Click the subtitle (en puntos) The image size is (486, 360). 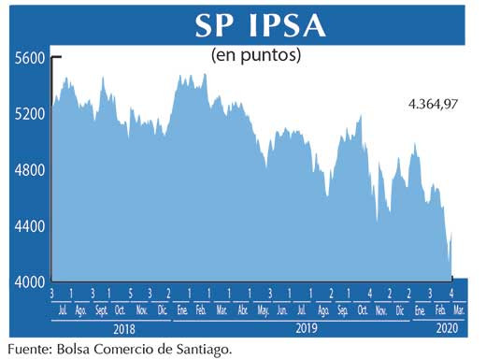(x=256, y=55)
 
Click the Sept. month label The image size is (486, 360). (x=100, y=310)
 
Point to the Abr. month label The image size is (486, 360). (x=243, y=310)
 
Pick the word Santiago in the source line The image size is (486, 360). (x=197, y=349)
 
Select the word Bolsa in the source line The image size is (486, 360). (x=83, y=349)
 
